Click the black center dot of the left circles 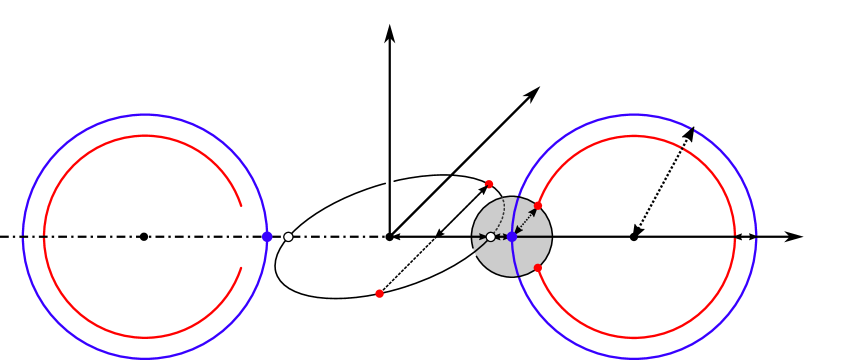coord(144,237)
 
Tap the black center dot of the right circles coord(633,237)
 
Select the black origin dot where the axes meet coord(389,237)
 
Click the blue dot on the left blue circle coord(267,237)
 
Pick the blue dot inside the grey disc coord(511,237)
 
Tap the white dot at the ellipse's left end coord(288,237)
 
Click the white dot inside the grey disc coord(490,237)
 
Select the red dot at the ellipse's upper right coord(489,183)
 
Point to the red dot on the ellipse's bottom coord(379,293)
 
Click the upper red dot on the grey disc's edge coord(538,206)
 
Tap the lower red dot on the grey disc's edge coord(538,268)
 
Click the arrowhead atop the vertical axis coord(389,32)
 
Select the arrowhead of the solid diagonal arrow coord(533,93)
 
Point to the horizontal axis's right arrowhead coord(795,237)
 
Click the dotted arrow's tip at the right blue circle coord(691,131)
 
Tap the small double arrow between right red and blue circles coord(745,237)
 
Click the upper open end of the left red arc coord(241,205)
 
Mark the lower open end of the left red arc coord(241,269)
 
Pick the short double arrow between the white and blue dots coord(500,237)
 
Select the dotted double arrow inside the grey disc coord(525,221)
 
